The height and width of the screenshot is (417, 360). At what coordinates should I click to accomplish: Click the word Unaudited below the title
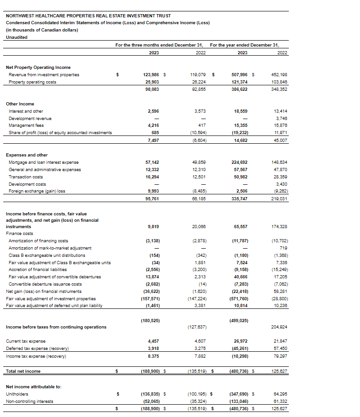[x=16, y=37]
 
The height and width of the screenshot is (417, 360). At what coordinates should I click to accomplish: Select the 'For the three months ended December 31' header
[x=159, y=45]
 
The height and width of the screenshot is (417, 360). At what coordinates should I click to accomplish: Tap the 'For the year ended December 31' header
[x=244, y=45]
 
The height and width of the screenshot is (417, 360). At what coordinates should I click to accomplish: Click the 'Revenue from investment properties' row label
[x=44, y=75]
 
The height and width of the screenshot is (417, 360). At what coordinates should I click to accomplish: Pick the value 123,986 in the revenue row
[x=151, y=75]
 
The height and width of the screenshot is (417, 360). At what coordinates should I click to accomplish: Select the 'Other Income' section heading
[x=20, y=104]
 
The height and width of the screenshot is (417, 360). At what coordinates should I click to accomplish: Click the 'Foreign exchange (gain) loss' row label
[x=37, y=191]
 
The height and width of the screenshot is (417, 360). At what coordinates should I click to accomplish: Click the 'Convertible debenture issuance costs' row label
[x=45, y=284]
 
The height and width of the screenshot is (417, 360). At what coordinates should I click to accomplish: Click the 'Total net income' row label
[x=23, y=371]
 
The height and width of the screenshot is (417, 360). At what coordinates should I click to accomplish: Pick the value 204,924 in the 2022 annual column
[x=280, y=327]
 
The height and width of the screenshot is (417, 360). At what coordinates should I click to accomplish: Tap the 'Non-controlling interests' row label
[x=29, y=401]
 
